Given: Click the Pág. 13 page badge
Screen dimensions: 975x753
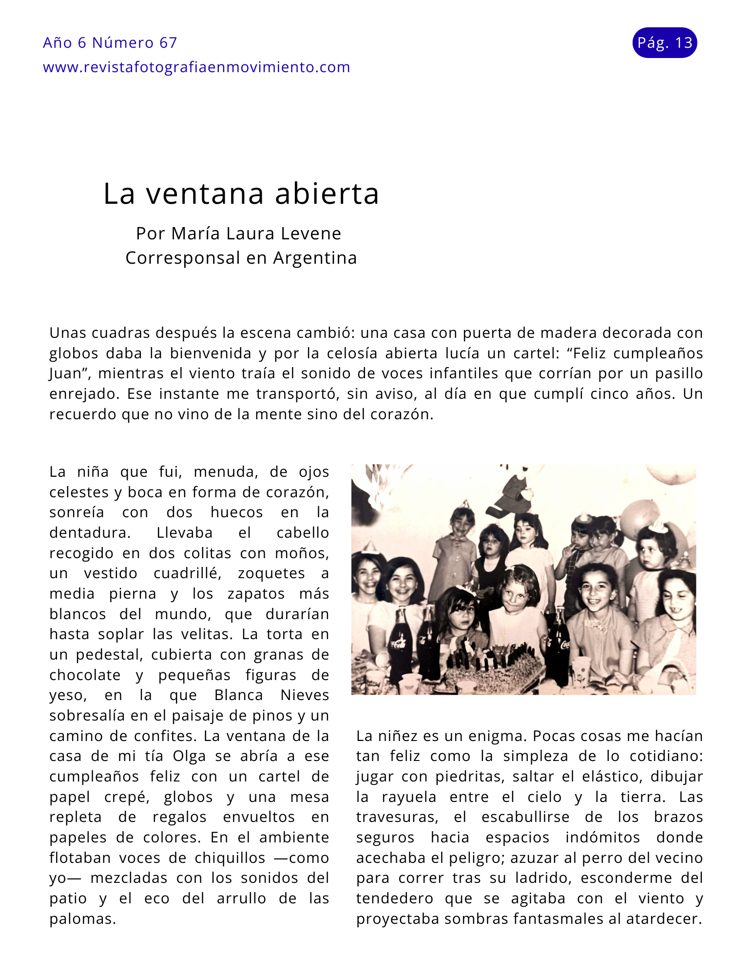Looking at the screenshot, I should click(x=664, y=43).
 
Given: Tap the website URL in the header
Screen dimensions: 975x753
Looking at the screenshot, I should click(x=196, y=67).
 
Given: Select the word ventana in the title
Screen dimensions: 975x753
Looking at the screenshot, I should click(x=205, y=194).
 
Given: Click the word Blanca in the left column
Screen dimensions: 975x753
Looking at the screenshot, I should click(x=238, y=695).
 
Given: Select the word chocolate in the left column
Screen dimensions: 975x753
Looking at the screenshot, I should click(x=85, y=675).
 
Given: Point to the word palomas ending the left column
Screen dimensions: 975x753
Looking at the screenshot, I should click(x=82, y=919).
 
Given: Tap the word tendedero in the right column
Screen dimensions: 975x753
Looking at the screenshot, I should click(x=394, y=898).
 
